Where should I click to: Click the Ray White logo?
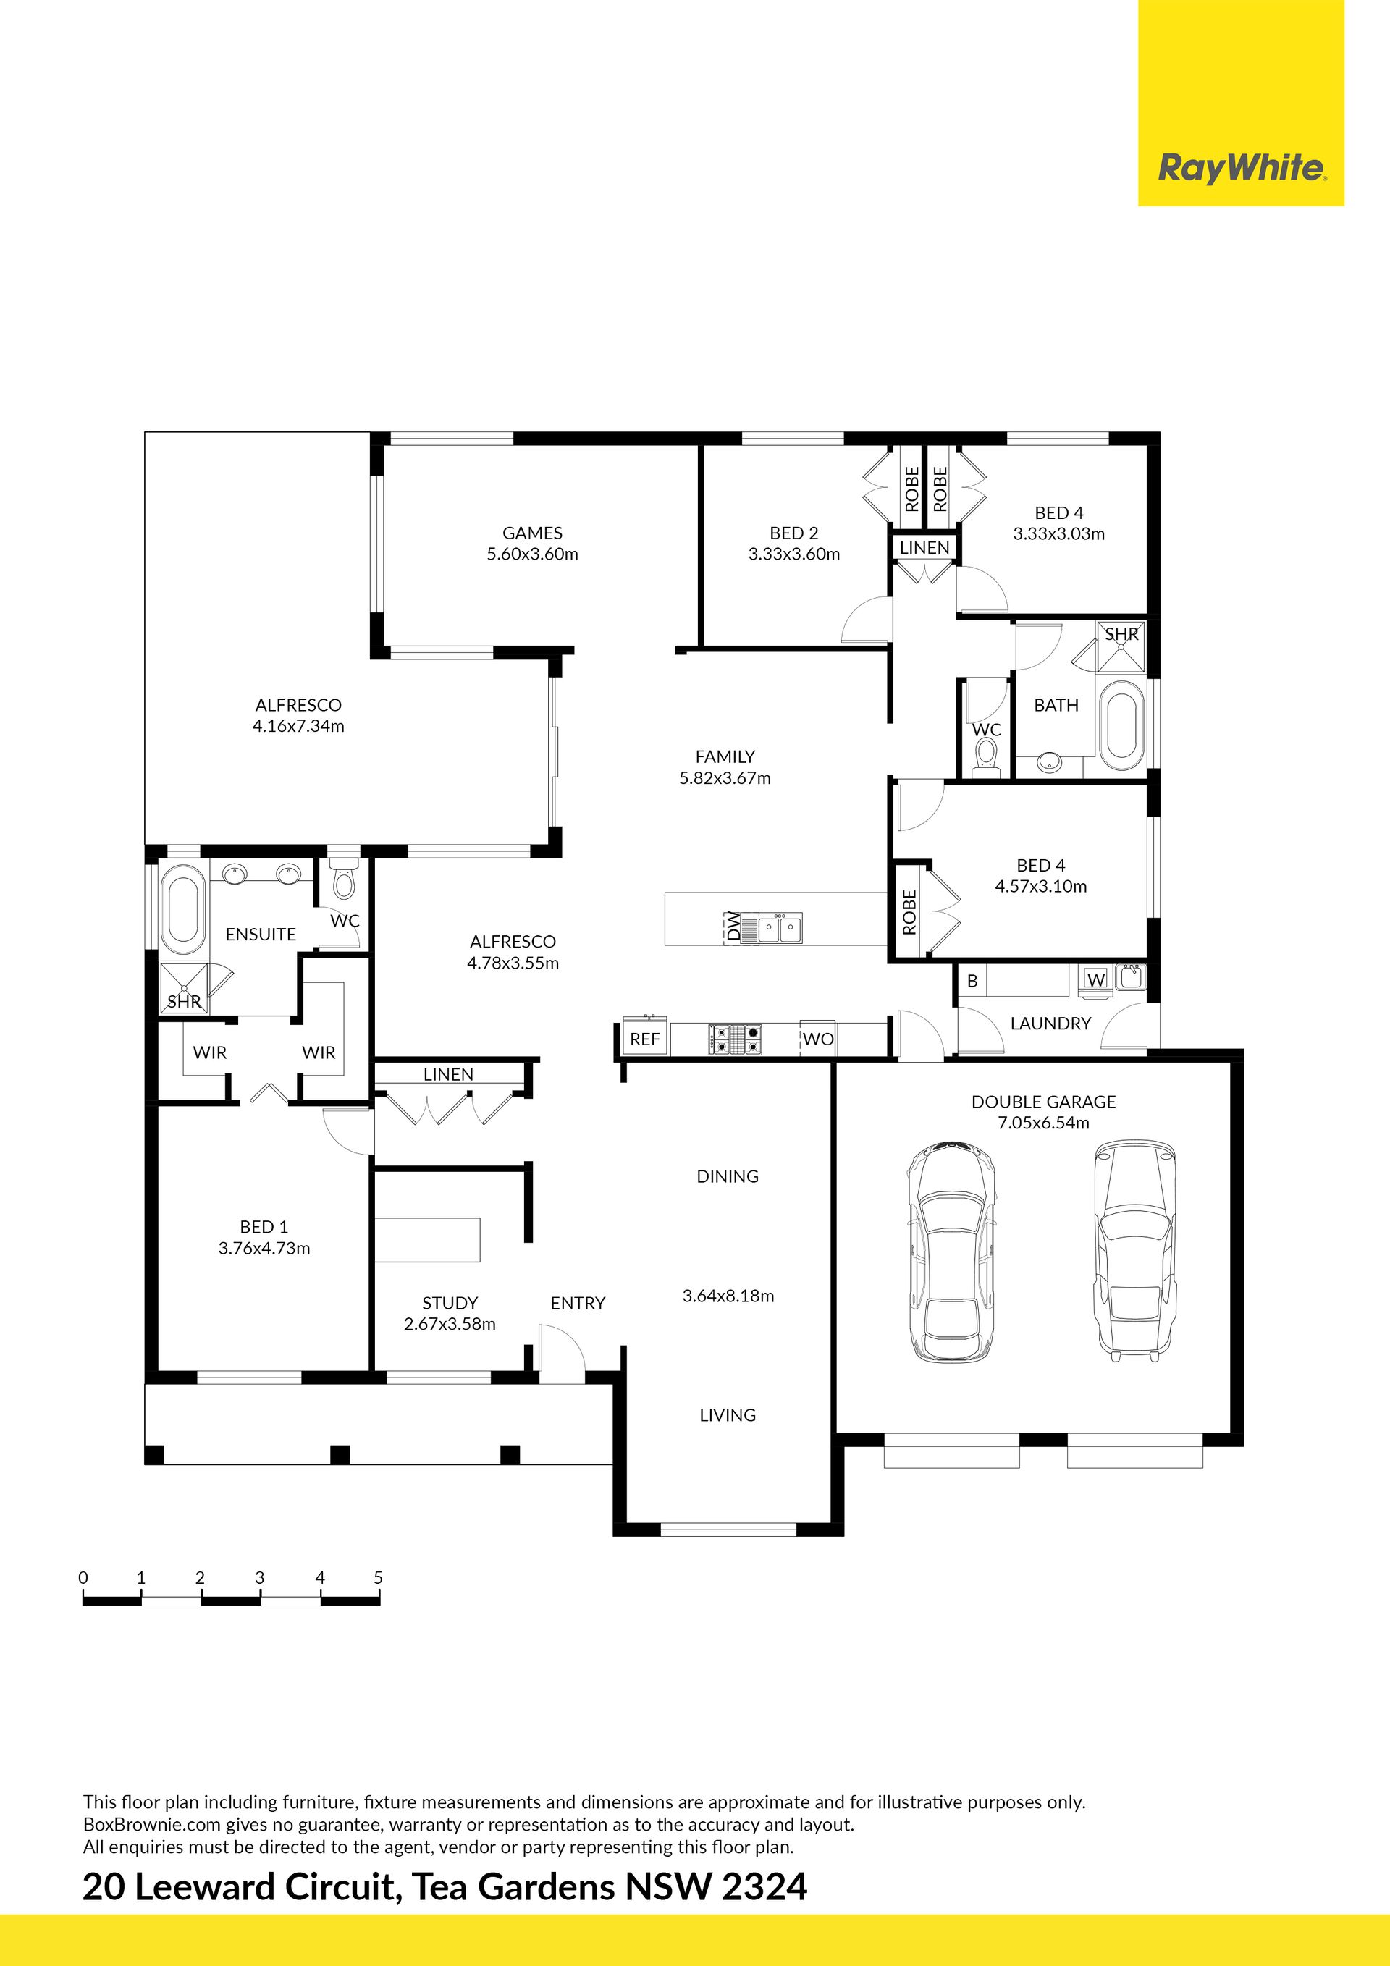pyautogui.click(x=1241, y=167)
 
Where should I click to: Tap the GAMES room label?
pyautogui.click(x=533, y=533)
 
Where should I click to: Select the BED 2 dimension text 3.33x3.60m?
pyautogui.click(x=794, y=554)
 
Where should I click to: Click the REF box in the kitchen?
pyautogui.click(x=645, y=1039)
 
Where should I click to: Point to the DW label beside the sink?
pyautogui.click(x=733, y=927)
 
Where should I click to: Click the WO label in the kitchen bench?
pyautogui.click(x=818, y=1039)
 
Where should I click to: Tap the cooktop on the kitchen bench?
pyautogui.click(x=735, y=1039)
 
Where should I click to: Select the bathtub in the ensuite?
pyautogui.click(x=182, y=910)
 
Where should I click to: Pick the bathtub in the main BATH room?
pyautogui.click(x=1121, y=725)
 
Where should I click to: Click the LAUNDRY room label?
pyautogui.click(x=1051, y=1024)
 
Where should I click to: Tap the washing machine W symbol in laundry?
pyautogui.click(x=1096, y=979)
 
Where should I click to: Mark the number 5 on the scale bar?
pyautogui.click(x=378, y=1577)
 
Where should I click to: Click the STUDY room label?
pyautogui.click(x=450, y=1303)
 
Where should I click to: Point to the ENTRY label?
pyautogui.click(x=578, y=1303)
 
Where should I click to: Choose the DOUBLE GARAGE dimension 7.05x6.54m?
pyautogui.click(x=1043, y=1123)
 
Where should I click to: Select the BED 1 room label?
pyautogui.click(x=264, y=1227)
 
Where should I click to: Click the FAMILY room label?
pyautogui.click(x=725, y=757)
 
